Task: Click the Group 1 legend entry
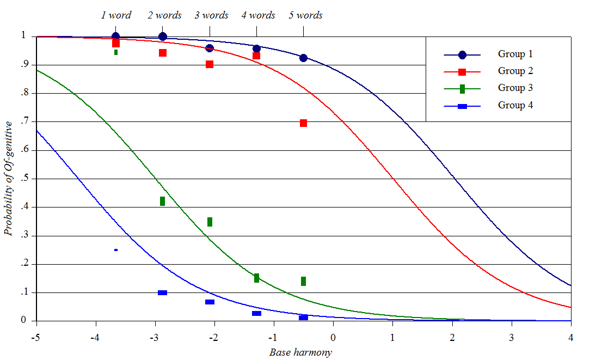[x=515, y=54]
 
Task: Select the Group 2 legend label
[x=515, y=71]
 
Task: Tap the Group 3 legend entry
[x=515, y=88]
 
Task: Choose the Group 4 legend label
[x=515, y=105]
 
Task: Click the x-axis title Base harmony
[x=300, y=352]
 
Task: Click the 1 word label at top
[x=116, y=15]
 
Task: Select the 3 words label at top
[x=211, y=15]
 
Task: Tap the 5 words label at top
[x=305, y=15]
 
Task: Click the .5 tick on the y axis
[x=24, y=179]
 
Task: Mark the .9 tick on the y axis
[x=24, y=65]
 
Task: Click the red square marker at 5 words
[x=303, y=123]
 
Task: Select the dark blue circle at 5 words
[x=303, y=58]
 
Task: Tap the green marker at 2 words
[x=162, y=201]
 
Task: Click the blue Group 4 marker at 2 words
[x=162, y=292]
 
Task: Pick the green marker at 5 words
[x=303, y=281]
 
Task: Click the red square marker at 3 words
[x=210, y=64]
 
